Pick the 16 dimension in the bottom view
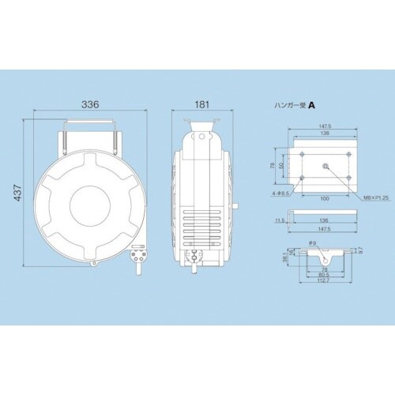(x=289, y=254)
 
